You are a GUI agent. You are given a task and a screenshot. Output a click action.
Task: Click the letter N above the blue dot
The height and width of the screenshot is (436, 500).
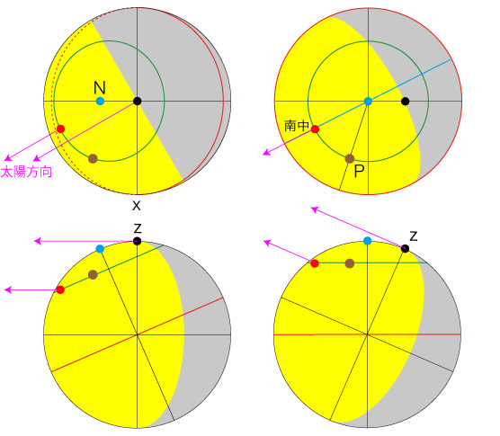point(100,87)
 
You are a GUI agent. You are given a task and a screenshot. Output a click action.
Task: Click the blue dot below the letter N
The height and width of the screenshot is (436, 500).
point(100,102)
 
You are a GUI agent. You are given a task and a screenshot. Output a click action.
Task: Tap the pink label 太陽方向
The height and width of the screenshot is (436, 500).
point(26,172)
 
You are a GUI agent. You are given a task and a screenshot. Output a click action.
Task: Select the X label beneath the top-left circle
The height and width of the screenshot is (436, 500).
point(137,206)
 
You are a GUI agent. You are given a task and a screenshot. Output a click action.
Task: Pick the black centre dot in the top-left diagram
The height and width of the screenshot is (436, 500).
point(137,102)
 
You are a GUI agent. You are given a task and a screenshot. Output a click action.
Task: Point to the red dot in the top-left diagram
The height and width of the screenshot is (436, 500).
point(60,129)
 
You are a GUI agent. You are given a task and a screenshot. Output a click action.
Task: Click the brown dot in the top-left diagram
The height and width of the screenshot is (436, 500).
point(93,158)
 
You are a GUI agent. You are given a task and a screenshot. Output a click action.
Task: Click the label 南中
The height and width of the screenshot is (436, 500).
point(296,126)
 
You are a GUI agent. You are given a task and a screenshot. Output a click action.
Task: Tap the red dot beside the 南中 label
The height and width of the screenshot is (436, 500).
point(315,129)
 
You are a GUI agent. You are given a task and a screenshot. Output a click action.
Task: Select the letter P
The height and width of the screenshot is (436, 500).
point(359,171)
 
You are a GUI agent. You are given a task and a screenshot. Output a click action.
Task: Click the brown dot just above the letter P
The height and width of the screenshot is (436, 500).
point(350,158)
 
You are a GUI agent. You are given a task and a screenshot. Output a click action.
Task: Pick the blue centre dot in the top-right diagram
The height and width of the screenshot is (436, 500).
point(368,102)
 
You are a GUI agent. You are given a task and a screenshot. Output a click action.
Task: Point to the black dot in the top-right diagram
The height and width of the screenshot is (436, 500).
point(405,102)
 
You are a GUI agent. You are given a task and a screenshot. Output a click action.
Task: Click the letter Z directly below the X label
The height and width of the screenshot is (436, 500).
point(137,228)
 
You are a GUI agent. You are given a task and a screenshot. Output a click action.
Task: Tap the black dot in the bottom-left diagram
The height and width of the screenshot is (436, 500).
point(137,241)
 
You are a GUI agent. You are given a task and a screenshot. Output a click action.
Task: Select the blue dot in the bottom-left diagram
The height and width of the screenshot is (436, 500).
point(100,249)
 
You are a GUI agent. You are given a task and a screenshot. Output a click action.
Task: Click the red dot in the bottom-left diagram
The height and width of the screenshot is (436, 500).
point(60,289)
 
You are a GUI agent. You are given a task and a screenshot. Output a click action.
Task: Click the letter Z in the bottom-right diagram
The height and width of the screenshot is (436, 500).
point(414,236)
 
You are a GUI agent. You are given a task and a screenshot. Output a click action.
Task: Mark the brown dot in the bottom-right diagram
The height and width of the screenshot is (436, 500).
point(350,263)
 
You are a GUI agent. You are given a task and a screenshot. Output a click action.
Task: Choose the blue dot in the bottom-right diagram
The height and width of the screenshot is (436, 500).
point(367,241)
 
